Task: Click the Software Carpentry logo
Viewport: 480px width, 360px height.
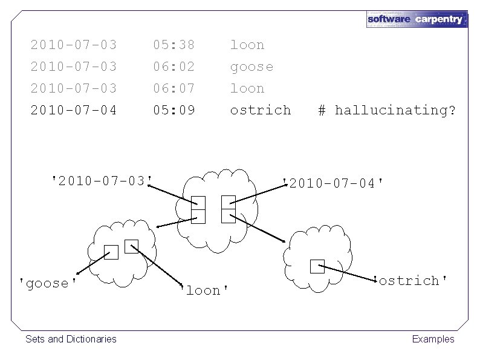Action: point(417,19)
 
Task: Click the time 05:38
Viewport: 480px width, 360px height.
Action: point(174,45)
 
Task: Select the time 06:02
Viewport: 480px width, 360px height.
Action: point(174,67)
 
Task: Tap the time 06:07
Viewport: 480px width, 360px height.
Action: point(174,88)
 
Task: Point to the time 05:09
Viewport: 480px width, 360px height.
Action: point(174,110)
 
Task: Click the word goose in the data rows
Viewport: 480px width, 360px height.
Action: point(251,67)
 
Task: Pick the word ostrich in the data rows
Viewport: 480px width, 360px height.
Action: point(261,110)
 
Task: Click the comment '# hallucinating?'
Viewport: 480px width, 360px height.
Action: point(387,110)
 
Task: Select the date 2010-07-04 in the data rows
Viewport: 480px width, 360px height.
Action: point(74,110)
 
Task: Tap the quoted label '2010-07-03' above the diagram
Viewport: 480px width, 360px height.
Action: point(102,180)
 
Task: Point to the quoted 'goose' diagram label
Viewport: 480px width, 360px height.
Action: point(48,284)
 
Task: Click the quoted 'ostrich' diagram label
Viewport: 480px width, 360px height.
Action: point(411,281)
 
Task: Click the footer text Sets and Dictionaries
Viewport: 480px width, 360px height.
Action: point(71,339)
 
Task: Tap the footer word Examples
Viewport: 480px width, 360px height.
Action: point(433,339)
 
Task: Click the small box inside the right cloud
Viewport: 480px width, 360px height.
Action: point(317,266)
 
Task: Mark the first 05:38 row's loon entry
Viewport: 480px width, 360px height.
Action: point(247,45)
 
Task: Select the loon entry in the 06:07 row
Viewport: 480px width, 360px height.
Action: point(247,88)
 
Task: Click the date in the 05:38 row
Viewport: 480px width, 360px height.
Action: point(74,45)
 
